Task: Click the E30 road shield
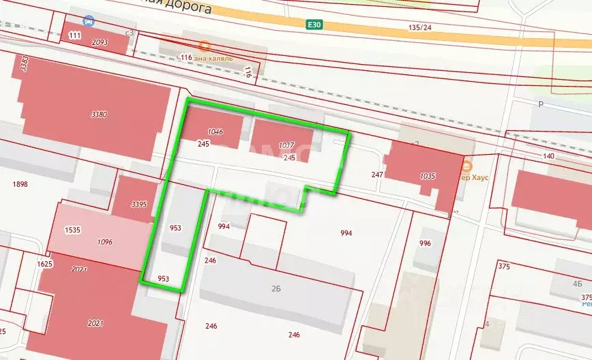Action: click(314, 23)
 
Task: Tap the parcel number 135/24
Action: click(420, 27)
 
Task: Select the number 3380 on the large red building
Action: click(99, 114)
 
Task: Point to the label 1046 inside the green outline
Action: click(216, 132)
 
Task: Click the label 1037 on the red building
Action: click(286, 145)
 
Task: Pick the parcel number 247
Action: click(378, 175)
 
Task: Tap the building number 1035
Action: click(428, 176)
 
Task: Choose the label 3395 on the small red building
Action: click(139, 204)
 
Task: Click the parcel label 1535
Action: click(73, 230)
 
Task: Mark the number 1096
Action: click(104, 241)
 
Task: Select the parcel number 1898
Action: click(20, 184)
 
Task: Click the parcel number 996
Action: click(426, 243)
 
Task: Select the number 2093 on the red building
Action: click(100, 42)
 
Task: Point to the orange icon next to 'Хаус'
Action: click(467, 166)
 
